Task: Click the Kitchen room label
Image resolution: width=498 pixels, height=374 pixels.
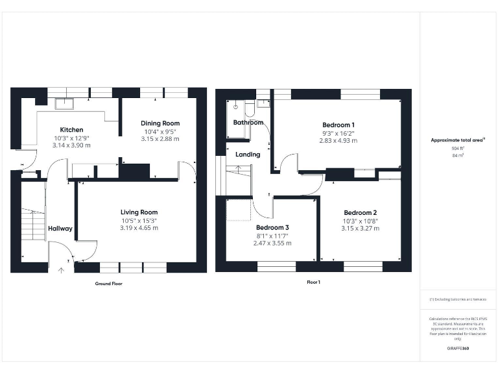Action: click(71, 130)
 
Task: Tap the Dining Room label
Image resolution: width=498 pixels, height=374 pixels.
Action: click(160, 123)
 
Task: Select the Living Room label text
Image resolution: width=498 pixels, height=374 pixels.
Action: click(139, 212)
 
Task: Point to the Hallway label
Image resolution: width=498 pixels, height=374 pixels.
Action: click(60, 229)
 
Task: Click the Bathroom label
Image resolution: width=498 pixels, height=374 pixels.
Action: click(248, 123)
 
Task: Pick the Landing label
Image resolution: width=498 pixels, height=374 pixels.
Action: click(248, 155)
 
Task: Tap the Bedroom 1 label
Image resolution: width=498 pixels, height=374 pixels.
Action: click(338, 125)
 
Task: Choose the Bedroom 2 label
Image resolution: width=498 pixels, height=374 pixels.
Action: click(360, 213)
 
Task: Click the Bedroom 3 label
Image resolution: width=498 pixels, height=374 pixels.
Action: click(272, 228)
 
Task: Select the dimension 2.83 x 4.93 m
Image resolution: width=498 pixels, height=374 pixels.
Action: click(338, 140)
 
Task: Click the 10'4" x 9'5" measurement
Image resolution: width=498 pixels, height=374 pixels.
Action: click(160, 131)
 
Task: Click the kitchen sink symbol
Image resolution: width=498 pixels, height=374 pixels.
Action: click(64, 103)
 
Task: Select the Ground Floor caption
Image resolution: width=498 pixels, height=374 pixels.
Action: click(108, 284)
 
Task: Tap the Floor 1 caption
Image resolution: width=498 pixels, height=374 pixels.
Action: click(314, 282)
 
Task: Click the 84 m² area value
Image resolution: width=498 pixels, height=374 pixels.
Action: click(458, 156)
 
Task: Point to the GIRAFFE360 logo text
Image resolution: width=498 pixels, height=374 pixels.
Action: click(458, 349)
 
